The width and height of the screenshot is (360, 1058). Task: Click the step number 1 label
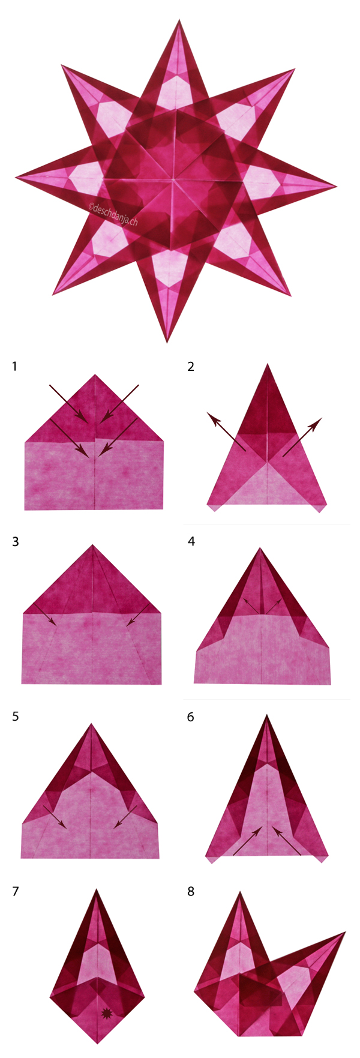click(x=14, y=365)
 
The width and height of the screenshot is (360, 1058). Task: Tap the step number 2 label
click(x=191, y=365)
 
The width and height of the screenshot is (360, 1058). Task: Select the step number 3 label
click(x=15, y=541)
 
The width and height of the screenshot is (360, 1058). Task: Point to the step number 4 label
click(x=191, y=541)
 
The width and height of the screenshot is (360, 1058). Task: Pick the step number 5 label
click(x=15, y=717)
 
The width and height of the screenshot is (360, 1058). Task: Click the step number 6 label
click(x=191, y=717)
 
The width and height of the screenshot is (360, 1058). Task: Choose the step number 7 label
click(x=15, y=891)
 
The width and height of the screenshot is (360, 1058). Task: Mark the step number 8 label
click(x=191, y=891)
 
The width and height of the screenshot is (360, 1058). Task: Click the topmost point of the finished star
click(x=179, y=20)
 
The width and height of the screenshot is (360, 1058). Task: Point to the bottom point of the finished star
click(x=167, y=341)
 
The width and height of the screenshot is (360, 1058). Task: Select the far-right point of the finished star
click(x=337, y=184)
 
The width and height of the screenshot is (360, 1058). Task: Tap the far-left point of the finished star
click(x=17, y=177)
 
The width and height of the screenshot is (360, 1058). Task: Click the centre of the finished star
click(x=174, y=179)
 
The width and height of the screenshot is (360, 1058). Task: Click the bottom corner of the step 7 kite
click(x=98, y=1043)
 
